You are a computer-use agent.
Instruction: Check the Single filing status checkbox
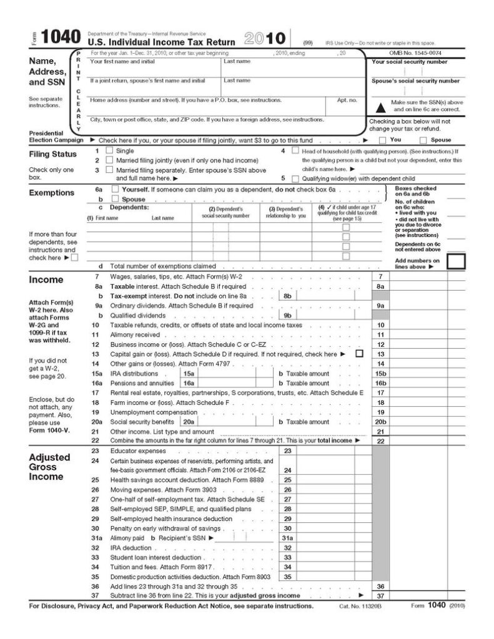[x=109, y=151]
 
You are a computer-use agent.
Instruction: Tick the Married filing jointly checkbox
[x=109, y=160]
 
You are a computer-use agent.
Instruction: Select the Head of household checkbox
[x=295, y=151]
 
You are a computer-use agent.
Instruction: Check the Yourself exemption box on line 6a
[x=115, y=189]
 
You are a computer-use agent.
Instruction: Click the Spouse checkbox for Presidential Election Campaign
[x=423, y=140]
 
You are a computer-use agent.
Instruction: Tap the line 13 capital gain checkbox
[x=359, y=354]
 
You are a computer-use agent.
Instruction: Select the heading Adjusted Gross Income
[x=50, y=467]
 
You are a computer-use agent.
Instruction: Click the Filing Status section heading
[x=53, y=154]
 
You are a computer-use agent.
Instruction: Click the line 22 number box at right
[x=380, y=441]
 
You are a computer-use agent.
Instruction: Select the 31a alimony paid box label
[x=287, y=537]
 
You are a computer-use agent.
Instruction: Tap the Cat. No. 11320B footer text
[x=357, y=606]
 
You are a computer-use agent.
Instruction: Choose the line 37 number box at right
[x=380, y=596]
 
